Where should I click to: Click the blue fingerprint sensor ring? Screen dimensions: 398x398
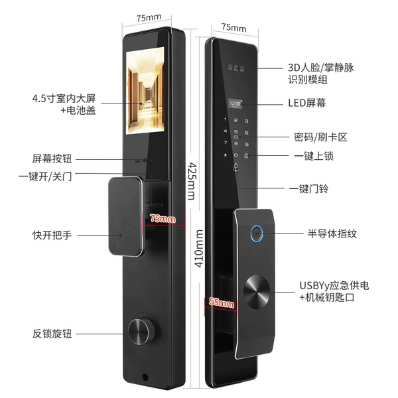[x=257, y=233]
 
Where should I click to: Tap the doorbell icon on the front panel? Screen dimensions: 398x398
[x=235, y=167]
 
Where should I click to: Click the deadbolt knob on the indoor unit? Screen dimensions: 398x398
[x=139, y=330]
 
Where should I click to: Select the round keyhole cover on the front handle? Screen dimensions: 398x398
[x=257, y=292]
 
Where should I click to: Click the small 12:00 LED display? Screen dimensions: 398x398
[x=235, y=103]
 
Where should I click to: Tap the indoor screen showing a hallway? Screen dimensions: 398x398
[x=145, y=91]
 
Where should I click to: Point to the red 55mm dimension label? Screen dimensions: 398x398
[x=222, y=303]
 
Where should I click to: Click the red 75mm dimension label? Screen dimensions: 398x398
[x=163, y=218]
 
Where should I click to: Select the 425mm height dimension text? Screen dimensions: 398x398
[x=192, y=182]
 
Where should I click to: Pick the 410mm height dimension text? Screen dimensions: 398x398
[x=199, y=248]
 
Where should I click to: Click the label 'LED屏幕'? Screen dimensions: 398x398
[x=307, y=103]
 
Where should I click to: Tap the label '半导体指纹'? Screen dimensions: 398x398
[x=332, y=233]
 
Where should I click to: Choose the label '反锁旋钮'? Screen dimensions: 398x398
[x=52, y=334]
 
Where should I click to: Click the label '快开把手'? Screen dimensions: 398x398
[x=52, y=235]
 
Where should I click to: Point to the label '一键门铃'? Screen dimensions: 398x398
[x=308, y=188]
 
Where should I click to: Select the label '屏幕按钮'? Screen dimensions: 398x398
[x=52, y=159]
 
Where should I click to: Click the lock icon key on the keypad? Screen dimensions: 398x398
[x=246, y=155]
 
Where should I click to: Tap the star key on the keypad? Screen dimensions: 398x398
[x=225, y=155]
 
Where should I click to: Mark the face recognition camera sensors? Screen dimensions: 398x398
[x=236, y=68]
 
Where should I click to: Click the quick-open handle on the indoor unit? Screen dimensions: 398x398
[x=125, y=216]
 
